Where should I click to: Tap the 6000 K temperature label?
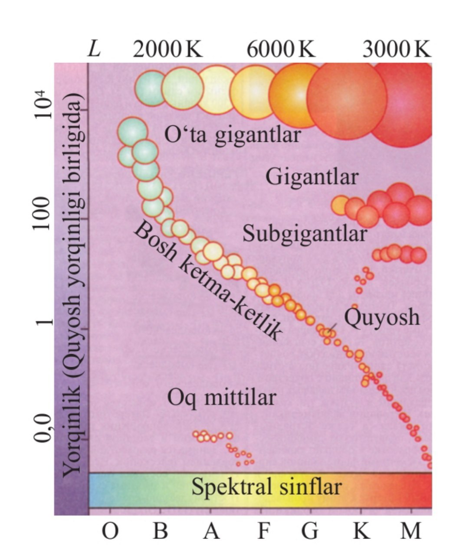coord(281,50)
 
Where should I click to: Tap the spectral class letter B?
coord(160,530)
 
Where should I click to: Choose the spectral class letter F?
coord(262,530)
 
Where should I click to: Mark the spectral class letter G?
coord(310,530)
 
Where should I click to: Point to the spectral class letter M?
coord(410,530)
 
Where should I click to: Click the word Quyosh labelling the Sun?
coord(382,318)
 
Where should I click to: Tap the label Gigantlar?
coord(312,177)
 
